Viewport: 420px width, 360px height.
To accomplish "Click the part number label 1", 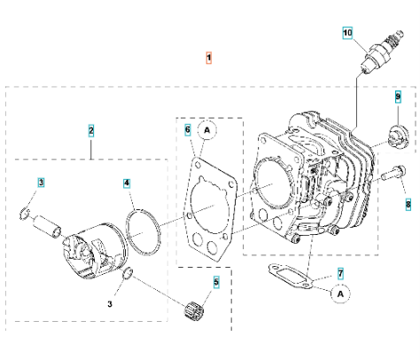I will pos(209,58).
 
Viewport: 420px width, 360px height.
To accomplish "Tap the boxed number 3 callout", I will pos(41,182).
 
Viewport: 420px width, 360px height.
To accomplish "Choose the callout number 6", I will pos(188,129).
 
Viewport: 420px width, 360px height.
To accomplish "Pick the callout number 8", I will pos(408,204).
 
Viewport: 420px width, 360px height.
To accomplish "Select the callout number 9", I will pos(398,96).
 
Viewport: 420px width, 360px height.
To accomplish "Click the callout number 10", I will pos(348,33).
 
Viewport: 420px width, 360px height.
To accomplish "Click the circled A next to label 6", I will pos(207,129).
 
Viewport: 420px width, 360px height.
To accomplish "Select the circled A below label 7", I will pos(339,291).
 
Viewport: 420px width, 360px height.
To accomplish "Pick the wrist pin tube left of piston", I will pos(47,226).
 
